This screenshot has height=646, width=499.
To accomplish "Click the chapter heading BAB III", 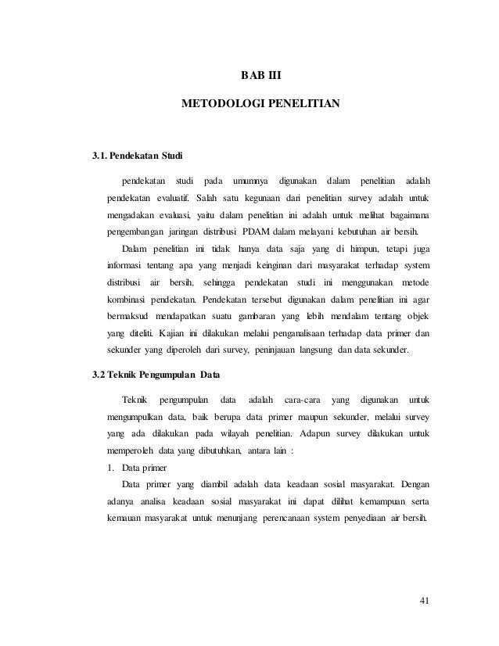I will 260,77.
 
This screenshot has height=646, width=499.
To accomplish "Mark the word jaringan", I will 188,231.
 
